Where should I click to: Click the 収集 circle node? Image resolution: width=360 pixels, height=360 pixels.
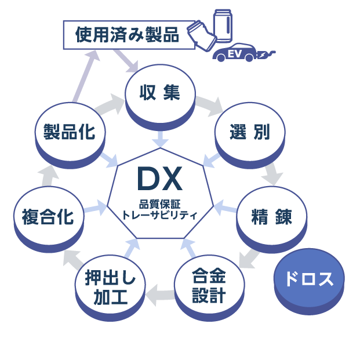pyautogui.click(x=159, y=93)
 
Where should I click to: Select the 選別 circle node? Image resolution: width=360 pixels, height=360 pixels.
pyautogui.click(x=249, y=132)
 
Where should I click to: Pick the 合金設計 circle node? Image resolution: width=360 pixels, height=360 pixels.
pyautogui.click(x=208, y=285)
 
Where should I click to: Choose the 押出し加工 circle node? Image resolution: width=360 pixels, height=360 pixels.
pyautogui.click(x=110, y=288)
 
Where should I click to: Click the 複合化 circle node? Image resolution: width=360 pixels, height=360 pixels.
pyautogui.click(x=48, y=217)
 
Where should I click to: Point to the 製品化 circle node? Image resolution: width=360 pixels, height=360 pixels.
pyautogui.click(x=70, y=132)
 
